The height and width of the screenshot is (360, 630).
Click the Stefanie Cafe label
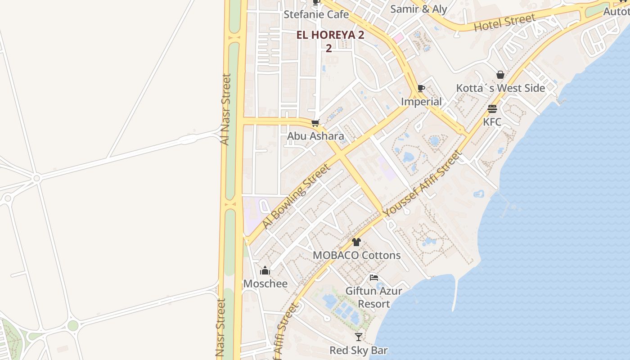pos(316,14)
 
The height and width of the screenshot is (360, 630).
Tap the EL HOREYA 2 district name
pos(330,35)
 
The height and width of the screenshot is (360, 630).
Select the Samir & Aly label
pos(418,9)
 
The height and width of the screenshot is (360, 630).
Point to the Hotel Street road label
pos(504,22)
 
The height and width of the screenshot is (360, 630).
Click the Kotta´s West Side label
pos(500,88)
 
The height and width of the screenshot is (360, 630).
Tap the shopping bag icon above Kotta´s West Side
pos(500,75)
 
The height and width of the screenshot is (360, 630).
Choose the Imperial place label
pos(421,102)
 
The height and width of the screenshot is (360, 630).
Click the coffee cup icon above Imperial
pos(421,88)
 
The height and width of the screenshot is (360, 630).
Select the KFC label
pos(492,122)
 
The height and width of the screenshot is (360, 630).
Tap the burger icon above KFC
pos(492,109)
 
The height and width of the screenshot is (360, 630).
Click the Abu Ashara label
pos(315,136)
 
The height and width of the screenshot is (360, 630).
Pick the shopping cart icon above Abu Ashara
pos(315,123)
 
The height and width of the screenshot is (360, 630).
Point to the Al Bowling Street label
pos(296,196)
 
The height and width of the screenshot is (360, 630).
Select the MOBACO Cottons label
pos(356,255)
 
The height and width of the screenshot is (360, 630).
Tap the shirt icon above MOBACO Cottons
pos(356,242)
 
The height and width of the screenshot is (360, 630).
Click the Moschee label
pos(265,283)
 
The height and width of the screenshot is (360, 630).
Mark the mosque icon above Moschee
pos(265,270)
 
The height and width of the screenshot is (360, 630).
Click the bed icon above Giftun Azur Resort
pos(373,278)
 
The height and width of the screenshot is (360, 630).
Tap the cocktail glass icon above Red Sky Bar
pos(358,337)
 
